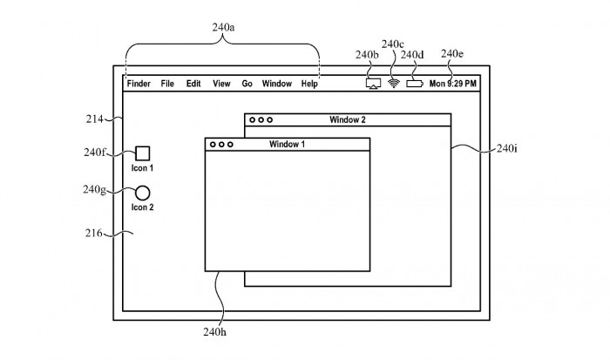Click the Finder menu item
[x=138, y=84]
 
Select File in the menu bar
[x=167, y=84]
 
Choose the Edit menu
[x=193, y=84]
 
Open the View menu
[x=221, y=84]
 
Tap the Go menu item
[x=247, y=84]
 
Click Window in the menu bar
[x=277, y=84]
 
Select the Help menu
[x=309, y=84]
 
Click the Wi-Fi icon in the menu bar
[x=394, y=84]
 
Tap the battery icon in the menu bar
[x=414, y=84]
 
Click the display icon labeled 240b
[x=373, y=84]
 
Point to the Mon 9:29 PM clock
[x=453, y=84]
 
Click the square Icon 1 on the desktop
[x=142, y=153]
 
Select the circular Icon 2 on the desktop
[x=142, y=193]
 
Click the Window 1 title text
[x=288, y=143]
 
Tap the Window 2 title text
[x=348, y=119]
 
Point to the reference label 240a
[x=223, y=27]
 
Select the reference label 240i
[x=506, y=149]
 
